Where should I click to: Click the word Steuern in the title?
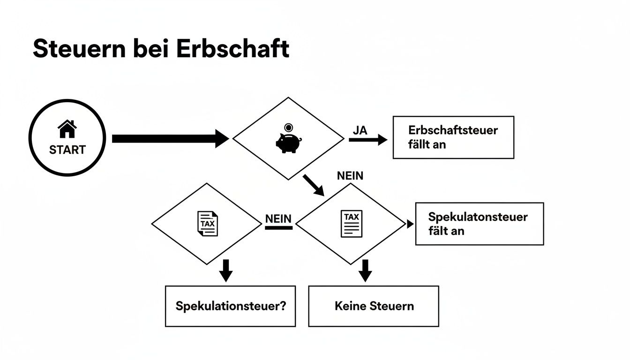tap(79, 49)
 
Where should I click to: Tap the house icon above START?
tap(67, 129)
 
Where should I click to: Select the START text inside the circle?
tap(67, 150)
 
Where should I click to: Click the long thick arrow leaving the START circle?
tap(169, 139)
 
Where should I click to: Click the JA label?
tap(360, 131)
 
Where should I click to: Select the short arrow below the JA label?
tap(368, 140)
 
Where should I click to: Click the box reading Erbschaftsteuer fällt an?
tap(453, 137)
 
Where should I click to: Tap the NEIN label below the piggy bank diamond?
tap(350, 176)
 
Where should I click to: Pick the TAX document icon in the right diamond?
tap(351, 224)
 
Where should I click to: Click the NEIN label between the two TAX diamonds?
tap(278, 218)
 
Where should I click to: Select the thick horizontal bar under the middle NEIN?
tap(278, 228)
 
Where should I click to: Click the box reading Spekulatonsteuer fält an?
tap(479, 224)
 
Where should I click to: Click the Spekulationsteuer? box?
tap(230, 306)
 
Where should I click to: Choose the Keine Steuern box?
tap(374, 306)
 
